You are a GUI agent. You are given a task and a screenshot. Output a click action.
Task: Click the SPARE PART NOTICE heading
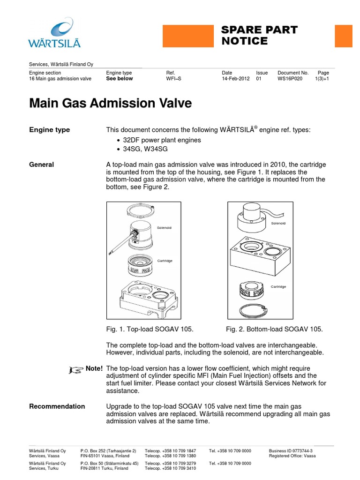(259, 36)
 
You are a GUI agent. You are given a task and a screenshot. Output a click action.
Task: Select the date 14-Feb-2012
(235, 79)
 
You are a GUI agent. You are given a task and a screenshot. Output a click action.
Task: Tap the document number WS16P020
(290, 79)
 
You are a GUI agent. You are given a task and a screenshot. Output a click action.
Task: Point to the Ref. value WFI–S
(173, 79)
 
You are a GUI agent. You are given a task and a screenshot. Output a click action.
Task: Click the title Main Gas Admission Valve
(110, 103)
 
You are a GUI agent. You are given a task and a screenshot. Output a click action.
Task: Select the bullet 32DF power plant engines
(162, 140)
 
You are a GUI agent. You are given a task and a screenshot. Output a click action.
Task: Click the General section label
(41, 165)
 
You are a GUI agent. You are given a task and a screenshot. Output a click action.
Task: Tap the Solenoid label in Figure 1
(164, 228)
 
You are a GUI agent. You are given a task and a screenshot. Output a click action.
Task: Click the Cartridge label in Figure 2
(278, 286)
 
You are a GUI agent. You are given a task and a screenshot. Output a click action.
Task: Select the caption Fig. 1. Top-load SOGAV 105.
(150, 329)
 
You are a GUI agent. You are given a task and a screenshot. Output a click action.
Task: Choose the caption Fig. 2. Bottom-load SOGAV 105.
(274, 329)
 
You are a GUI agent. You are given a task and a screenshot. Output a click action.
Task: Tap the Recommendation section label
(57, 406)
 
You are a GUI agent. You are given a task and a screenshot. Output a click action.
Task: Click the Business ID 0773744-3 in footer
(291, 450)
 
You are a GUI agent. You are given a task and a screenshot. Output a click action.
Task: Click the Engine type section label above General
(49, 130)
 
